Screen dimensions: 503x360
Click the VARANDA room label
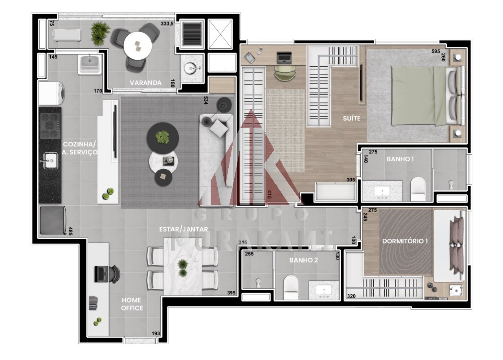coord(145,83)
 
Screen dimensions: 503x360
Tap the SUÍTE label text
coord(352,118)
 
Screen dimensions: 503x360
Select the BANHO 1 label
coord(400,159)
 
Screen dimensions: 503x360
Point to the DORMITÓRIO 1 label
coord(405,241)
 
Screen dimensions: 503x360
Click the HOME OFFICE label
coord(132,304)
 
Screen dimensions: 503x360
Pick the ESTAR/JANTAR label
coord(184,229)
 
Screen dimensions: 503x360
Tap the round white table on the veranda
coord(138,46)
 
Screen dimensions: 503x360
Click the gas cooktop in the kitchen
coord(50,126)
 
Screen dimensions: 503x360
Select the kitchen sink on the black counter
coord(50,161)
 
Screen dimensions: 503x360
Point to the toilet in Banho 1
coord(418,189)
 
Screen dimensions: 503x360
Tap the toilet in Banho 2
coord(291,287)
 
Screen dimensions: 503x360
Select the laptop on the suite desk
coord(284,57)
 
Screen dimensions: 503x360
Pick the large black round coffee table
coord(163,138)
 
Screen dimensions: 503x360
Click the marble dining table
coord(183,267)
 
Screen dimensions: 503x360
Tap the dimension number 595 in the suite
coord(436,51)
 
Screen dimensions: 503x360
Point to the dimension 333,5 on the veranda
coord(167,23)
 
